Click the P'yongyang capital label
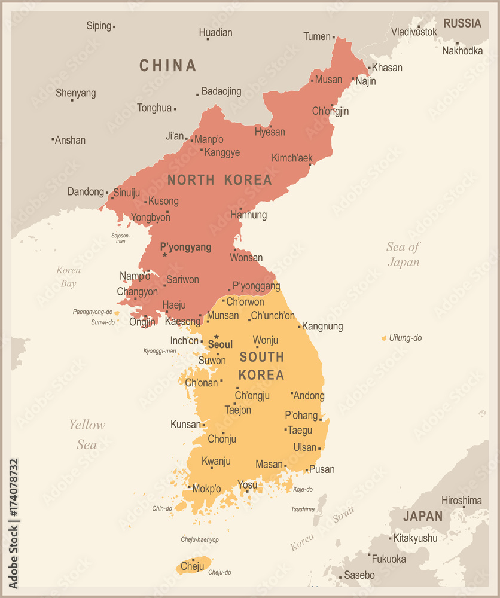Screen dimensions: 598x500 (185, 247)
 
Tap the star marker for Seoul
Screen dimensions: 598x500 (217, 337)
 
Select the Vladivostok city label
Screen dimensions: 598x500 (414, 31)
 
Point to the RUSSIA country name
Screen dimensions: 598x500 (462, 23)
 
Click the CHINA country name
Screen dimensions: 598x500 (167, 65)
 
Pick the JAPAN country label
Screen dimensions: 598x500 (423, 516)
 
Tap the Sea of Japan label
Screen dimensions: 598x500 (403, 254)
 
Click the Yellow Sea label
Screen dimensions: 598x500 (87, 434)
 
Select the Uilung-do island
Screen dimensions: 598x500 (384, 338)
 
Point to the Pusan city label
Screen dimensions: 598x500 (322, 469)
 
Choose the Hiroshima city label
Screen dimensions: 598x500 (461, 500)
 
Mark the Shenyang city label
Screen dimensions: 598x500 (75, 93)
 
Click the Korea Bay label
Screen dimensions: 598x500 (68, 277)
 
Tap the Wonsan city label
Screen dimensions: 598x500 (246, 258)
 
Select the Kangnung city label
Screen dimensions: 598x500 (323, 327)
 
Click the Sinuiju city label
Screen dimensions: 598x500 (126, 193)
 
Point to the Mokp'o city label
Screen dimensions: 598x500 (207, 489)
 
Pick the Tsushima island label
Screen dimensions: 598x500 (303, 509)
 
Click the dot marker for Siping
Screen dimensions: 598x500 (114, 27)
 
